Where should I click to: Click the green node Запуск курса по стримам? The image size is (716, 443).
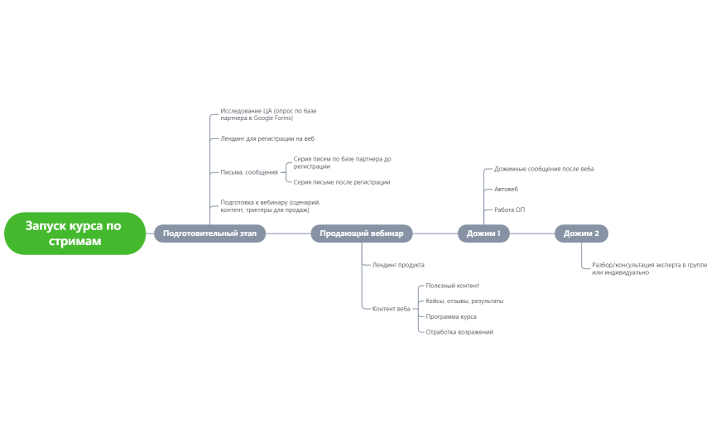click(74, 234)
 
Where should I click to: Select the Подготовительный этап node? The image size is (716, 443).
click(209, 234)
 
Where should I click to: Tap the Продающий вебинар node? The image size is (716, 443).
click(362, 234)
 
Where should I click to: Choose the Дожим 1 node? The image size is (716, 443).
click(483, 234)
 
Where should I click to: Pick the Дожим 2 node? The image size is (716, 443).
click(581, 234)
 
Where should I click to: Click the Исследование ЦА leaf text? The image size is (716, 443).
click(268, 114)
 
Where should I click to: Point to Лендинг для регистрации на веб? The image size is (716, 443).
click(267, 138)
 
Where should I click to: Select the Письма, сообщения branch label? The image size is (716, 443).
click(249, 172)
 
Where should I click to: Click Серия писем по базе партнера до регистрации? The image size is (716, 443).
click(343, 162)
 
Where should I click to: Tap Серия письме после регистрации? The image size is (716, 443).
click(342, 182)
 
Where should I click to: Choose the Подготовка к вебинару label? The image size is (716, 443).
click(271, 206)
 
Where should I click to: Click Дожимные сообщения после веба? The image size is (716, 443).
click(544, 169)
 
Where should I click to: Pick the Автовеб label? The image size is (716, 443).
click(506, 189)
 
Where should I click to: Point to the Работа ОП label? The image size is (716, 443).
click(510, 209)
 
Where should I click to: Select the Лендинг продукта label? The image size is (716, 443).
click(398, 265)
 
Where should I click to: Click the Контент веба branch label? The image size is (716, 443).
click(391, 309)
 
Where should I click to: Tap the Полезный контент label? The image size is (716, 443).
click(453, 286)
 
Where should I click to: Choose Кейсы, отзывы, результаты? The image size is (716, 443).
click(464, 301)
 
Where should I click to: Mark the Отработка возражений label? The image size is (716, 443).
click(459, 332)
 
